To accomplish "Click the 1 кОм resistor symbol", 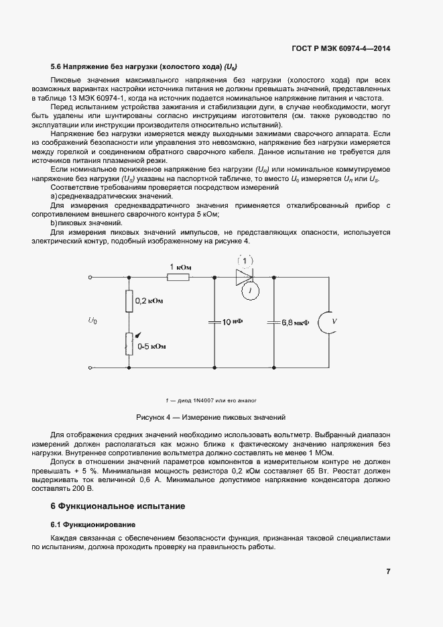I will [x=178, y=276].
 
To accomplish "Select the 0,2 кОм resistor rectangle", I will [x=129, y=302].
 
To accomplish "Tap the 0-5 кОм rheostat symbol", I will [x=129, y=343].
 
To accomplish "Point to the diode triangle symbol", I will [x=243, y=276].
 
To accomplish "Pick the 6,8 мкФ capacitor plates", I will [x=273, y=323].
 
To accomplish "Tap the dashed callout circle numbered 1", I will [x=245, y=261].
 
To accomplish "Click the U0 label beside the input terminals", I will [x=92, y=321].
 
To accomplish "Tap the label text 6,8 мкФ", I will [x=296, y=323].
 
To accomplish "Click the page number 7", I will [x=389, y=571].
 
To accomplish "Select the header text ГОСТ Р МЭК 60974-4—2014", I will [x=341, y=48].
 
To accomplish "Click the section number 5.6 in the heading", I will [x=56, y=66].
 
